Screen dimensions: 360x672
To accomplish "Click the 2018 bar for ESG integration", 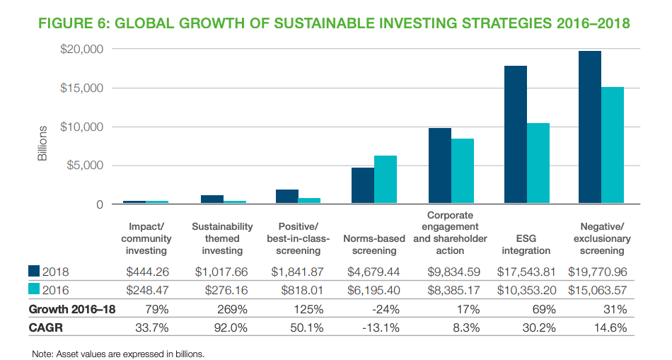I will [x=515, y=135].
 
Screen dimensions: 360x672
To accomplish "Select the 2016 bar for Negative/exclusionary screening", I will [x=613, y=146].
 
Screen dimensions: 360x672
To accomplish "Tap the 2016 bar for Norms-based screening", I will [x=385, y=180].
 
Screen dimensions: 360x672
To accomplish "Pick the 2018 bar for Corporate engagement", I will [x=440, y=166].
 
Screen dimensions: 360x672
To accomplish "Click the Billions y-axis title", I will [x=42, y=144].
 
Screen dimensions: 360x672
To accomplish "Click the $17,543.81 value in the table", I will [x=526, y=272].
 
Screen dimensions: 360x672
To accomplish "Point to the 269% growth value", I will [x=222, y=309].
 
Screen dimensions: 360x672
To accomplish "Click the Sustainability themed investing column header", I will [x=222, y=238].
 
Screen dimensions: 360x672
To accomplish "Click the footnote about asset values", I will [x=118, y=354].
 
